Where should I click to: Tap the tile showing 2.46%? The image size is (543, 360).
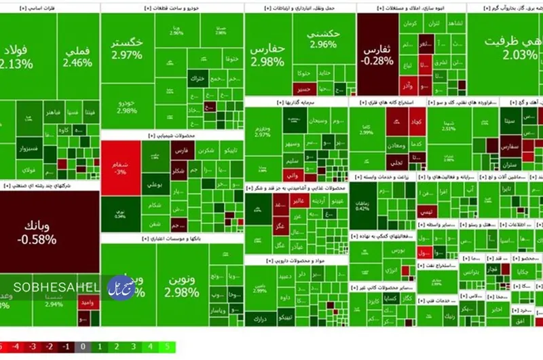[x=77, y=58]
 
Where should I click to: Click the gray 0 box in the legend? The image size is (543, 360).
[x=82, y=347]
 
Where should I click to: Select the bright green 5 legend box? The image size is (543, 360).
[x=166, y=347]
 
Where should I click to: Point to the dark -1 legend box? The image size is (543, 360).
[x=65, y=347]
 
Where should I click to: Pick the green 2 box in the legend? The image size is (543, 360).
[x=116, y=347]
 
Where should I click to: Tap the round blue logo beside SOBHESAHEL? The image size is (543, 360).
[x=121, y=287]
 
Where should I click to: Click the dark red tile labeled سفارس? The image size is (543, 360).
[x=509, y=146]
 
